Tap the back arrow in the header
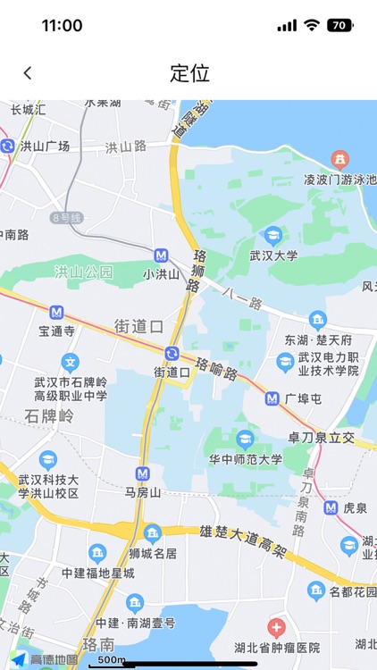28,73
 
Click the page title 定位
188,73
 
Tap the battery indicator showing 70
339,25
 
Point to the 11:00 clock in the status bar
62,26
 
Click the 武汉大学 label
273,255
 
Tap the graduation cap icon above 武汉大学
272,236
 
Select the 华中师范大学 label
246,459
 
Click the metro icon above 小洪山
161,255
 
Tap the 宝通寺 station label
56,331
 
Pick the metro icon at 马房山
142,473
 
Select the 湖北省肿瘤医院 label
276,648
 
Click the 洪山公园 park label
83,271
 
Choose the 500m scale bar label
111,660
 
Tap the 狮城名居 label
153,555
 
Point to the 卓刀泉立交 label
321,438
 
